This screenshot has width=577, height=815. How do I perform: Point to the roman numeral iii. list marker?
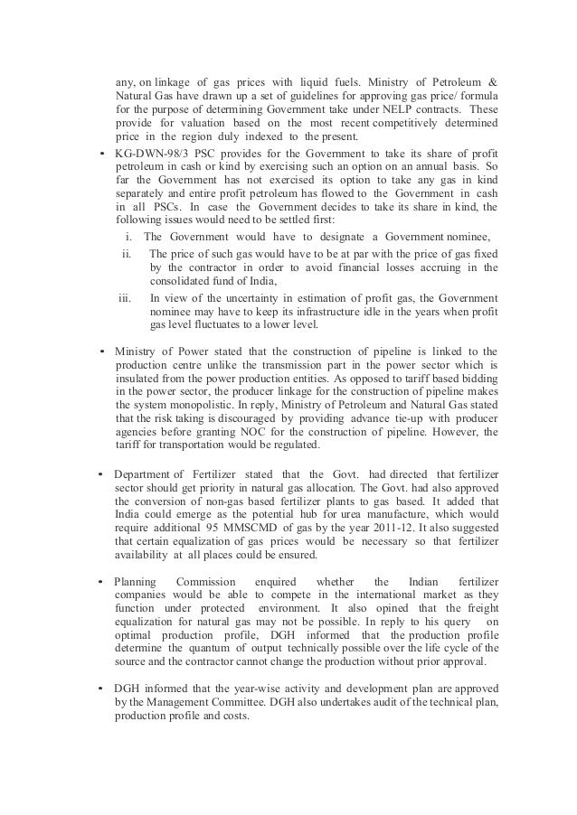coord(128,296)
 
